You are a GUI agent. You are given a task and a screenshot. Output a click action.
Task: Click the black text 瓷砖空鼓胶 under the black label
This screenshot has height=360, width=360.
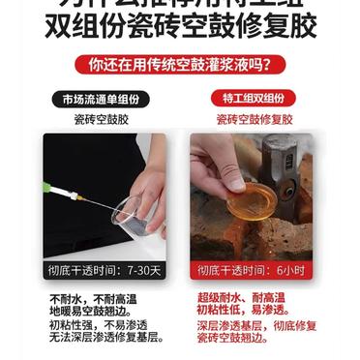[x=102, y=121]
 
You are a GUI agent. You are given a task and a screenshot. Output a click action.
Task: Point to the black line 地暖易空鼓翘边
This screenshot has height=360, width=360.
[x=91, y=314]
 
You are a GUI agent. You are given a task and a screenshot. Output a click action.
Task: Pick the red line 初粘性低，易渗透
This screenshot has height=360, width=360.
[x=243, y=314]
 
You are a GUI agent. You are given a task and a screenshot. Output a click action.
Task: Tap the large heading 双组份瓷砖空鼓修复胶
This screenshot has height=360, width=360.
[x=180, y=27]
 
